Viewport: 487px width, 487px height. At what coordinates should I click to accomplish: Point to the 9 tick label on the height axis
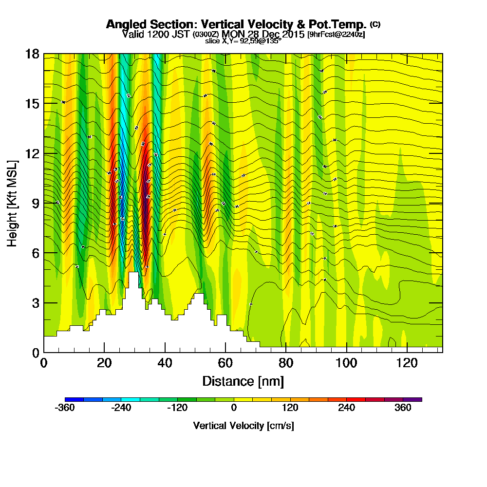pos(35,203)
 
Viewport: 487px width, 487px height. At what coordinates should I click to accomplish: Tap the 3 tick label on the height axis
pos(35,303)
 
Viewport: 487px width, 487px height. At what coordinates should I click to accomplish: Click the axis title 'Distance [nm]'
pos(243,381)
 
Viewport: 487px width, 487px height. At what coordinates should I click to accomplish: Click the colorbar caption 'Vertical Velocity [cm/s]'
pos(243,426)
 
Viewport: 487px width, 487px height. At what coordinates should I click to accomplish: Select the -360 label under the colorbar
pos(65,408)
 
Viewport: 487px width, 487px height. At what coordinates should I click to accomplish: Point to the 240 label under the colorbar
pos(347,408)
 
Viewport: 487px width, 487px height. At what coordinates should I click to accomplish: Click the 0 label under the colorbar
pos(234,408)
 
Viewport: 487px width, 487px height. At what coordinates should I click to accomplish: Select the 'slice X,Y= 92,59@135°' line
pos(243,41)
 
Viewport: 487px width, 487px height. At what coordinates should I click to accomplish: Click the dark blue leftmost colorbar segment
pos(74,399)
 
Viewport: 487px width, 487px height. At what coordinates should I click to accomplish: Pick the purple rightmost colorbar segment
pos(412,399)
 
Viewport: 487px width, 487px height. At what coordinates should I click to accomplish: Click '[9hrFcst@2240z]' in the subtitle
pos(336,34)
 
